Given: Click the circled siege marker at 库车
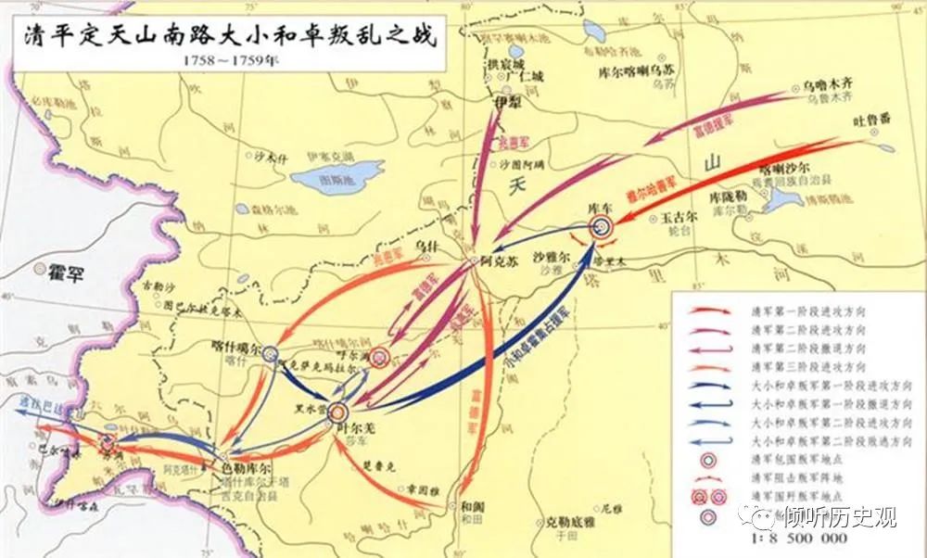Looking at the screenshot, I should pos(602,225).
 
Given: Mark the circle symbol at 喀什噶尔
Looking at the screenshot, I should pos(270,353).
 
